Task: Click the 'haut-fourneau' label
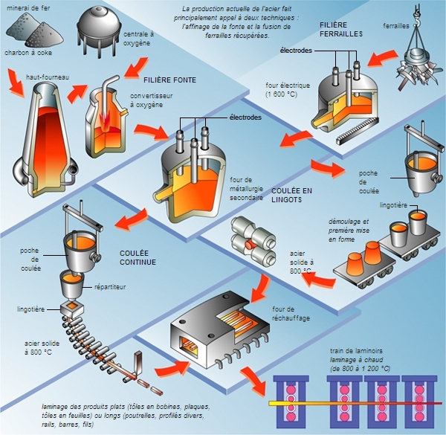43,77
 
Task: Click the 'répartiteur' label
110,286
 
